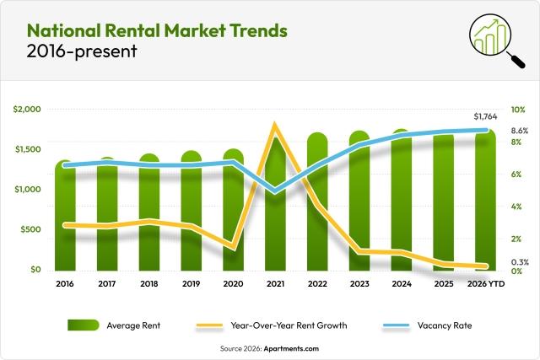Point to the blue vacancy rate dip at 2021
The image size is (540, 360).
(x=275, y=192)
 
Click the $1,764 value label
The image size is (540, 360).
(x=486, y=116)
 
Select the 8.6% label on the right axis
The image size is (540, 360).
(x=520, y=131)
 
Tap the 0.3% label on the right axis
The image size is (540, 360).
(x=520, y=262)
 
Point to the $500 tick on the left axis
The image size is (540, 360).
(x=30, y=229)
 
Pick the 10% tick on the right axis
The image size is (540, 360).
(x=518, y=110)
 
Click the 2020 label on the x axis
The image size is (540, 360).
(x=233, y=285)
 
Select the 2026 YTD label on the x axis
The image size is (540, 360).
(x=485, y=285)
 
